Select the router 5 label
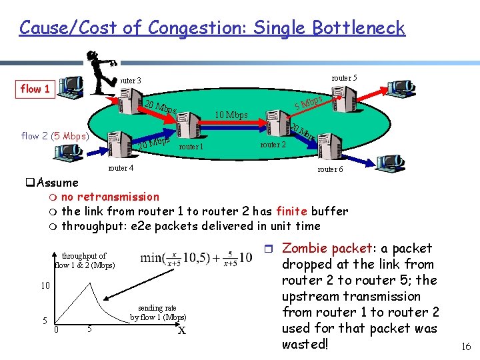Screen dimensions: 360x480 tap(344, 78)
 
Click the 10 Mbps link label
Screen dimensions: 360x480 tap(231, 115)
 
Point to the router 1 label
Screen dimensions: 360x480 tap(191, 147)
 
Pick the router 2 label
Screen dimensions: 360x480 tap(273, 145)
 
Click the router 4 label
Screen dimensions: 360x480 tap(121, 168)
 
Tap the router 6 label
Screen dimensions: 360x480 tap(331, 169)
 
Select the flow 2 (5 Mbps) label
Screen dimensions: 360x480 tap(57, 137)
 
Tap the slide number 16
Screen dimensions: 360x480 tap(465, 346)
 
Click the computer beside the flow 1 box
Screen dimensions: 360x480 tap(70, 87)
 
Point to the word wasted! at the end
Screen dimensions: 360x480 tap(305, 344)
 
